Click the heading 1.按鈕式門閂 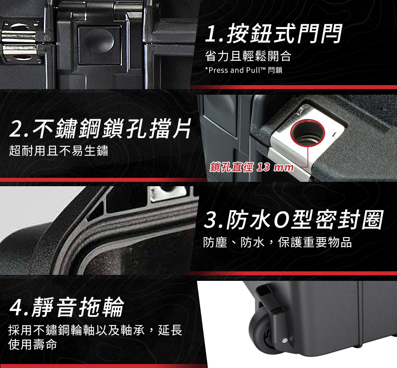(274, 33)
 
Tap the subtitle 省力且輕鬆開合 (248, 56)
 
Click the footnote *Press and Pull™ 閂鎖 (244, 70)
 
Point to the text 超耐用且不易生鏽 (58, 150)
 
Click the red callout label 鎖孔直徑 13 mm (252, 167)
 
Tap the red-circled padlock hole (308, 132)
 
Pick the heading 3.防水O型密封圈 (294, 220)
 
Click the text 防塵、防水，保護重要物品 (278, 242)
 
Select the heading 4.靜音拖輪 (67, 307)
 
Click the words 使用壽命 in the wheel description (33, 345)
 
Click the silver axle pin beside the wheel (284, 340)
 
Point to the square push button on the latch (100, 45)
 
